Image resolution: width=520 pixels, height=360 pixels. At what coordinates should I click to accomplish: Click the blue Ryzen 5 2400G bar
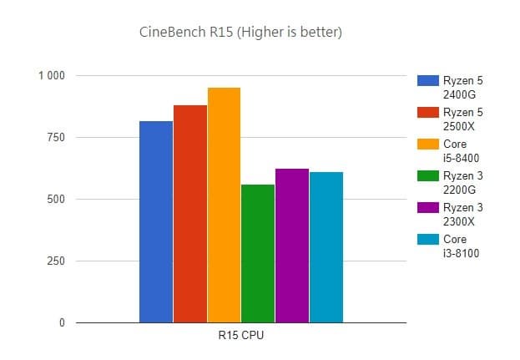[156, 222]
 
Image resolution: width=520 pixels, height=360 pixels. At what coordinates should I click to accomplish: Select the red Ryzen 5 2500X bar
[190, 214]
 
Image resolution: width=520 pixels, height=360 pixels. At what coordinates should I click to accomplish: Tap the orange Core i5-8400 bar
[224, 205]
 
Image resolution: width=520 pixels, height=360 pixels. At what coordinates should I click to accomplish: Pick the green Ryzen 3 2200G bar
[258, 253]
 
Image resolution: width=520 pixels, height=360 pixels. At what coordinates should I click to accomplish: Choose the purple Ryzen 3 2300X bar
[292, 246]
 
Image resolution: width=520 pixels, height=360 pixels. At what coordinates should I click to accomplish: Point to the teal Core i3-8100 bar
[326, 247]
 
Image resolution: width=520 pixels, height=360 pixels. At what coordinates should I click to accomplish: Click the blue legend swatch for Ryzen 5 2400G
[427, 81]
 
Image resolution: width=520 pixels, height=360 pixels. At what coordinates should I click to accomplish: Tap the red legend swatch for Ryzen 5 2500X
[427, 113]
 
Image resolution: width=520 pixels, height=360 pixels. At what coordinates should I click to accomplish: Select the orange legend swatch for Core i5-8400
[427, 145]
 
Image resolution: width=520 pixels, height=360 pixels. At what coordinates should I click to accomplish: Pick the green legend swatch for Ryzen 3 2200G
[427, 176]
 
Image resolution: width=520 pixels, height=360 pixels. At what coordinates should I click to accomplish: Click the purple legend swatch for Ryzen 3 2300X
[427, 208]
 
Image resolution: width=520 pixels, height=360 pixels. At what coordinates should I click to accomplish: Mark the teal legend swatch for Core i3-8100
[427, 240]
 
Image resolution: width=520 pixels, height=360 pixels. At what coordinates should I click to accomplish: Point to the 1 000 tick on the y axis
[51, 76]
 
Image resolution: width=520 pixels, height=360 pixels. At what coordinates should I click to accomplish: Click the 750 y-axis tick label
[54, 138]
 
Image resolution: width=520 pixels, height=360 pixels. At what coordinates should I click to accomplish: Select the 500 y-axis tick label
[54, 200]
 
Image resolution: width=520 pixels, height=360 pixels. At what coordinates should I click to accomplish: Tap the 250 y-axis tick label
[54, 261]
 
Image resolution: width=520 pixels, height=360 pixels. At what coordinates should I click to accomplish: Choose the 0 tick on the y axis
[61, 323]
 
